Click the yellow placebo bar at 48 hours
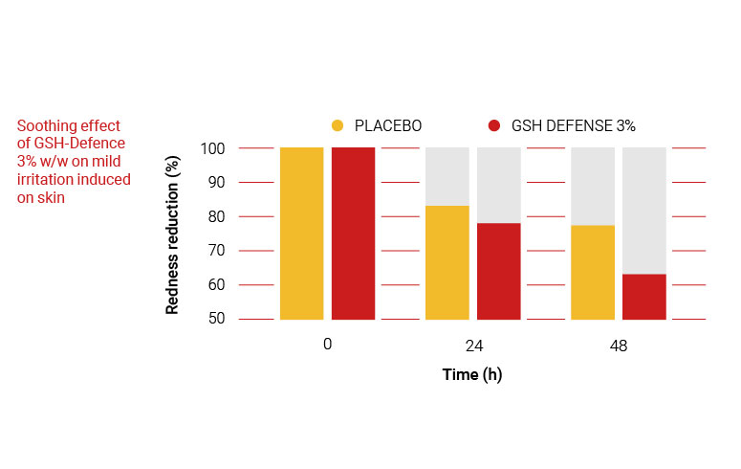pos(593,272)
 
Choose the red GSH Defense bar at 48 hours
pos(644,296)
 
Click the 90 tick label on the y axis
pos(215,183)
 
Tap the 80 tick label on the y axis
pos(215,216)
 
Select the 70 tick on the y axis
pos(215,251)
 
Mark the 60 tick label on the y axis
pos(215,285)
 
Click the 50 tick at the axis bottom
pos(215,319)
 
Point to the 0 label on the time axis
pos(327,344)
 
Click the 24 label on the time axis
pos(473,346)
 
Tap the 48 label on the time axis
pos(619,346)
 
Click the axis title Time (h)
pos(472,375)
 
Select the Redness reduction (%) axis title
pos(173,234)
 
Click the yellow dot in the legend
pos(337,125)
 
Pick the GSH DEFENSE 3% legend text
pos(573,125)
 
